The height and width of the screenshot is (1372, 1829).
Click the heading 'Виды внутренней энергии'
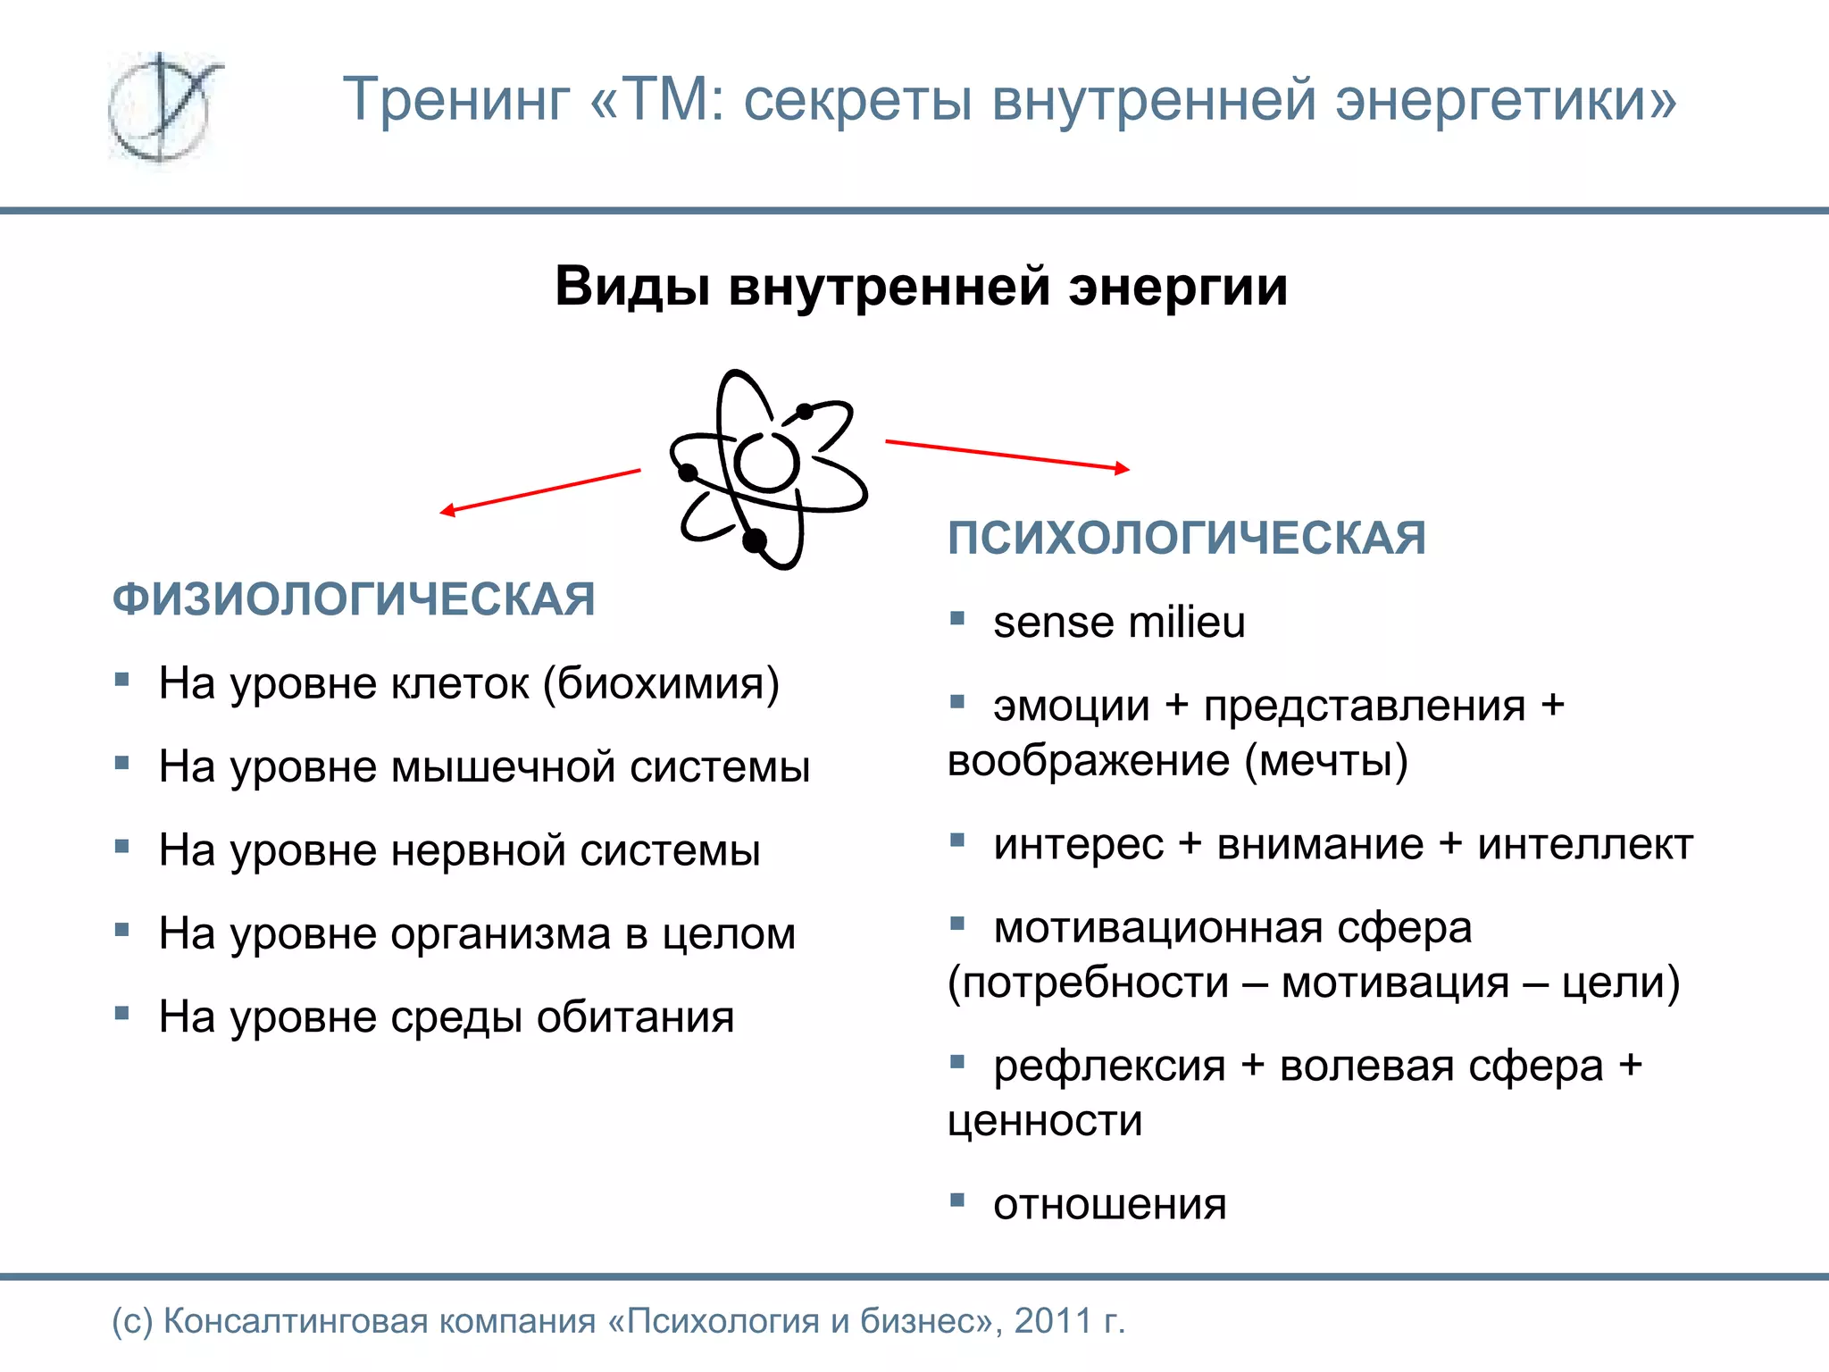click(921, 287)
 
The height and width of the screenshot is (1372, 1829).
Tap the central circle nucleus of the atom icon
click(766, 462)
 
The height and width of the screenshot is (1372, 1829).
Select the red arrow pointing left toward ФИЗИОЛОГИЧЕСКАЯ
click(540, 490)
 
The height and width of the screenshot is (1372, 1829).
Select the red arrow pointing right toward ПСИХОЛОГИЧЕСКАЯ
click(1007, 455)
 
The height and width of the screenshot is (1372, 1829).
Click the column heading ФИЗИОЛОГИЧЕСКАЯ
click(354, 598)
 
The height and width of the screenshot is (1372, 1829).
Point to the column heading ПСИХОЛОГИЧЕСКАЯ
click(1187, 538)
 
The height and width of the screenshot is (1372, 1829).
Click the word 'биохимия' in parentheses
click(661, 683)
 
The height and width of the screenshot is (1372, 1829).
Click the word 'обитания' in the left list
click(635, 1017)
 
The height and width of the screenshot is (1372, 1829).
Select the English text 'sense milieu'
click(1119, 623)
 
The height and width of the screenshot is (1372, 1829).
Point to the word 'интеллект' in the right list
click(1585, 844)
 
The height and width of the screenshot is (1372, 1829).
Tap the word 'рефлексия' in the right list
click(1109, 1067)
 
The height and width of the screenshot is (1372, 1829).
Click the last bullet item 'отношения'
click(1110, 1205)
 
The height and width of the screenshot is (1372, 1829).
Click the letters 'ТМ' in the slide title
click(664, 99)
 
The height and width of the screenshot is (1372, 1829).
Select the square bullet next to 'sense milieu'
click(957, 618)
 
